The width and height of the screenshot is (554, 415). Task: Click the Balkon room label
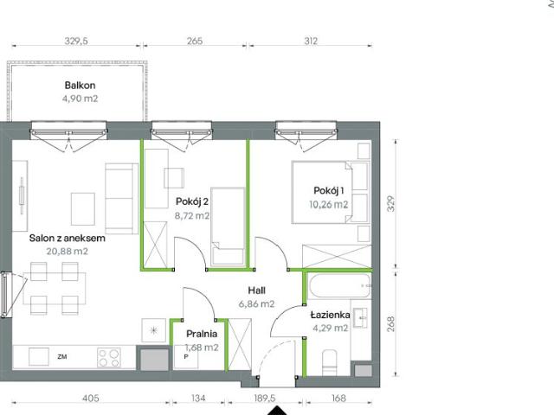pyautogui.click(x=79, y=85)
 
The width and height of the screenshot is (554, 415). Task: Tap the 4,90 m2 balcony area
pyautogui.click(x=79, y=98)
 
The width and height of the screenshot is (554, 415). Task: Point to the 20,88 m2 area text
pyautogui.click(x=67, y=251)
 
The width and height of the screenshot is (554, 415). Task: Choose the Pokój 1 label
pyautogui.click(x=329, y=192)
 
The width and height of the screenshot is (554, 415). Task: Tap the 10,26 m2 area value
pyautogui.click(x=329, y=205)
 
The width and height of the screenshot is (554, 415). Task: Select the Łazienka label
pyautogui.click(x=330, y=315)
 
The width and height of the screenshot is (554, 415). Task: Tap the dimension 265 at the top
pyautogui.click(x=194, y=41)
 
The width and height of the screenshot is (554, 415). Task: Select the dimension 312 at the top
pyautogui.click(x=311, y=41)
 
